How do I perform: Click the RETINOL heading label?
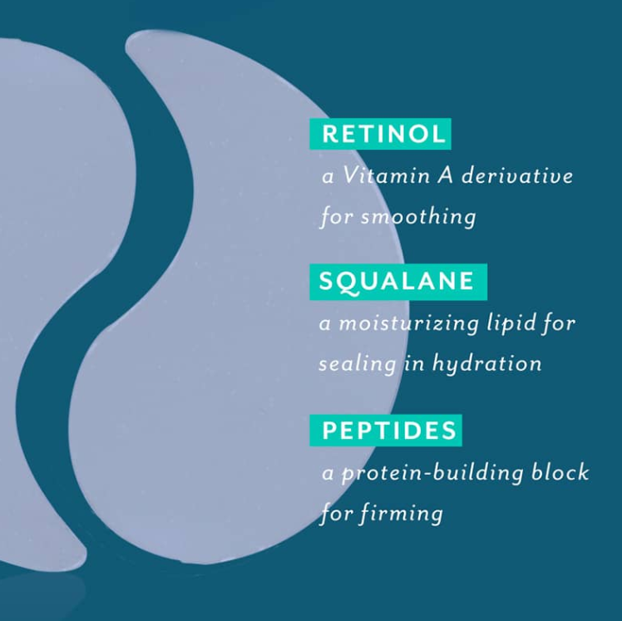point(380,134)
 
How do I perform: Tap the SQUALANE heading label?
point(398,281)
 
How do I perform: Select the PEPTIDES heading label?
point(386,431)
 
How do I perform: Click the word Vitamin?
point(387,175)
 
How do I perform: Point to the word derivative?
point(517,175)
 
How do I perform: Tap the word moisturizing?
point(409,323)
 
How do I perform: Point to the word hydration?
point(486,362)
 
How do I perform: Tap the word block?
point(560,472)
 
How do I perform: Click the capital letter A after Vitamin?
point(445,175)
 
